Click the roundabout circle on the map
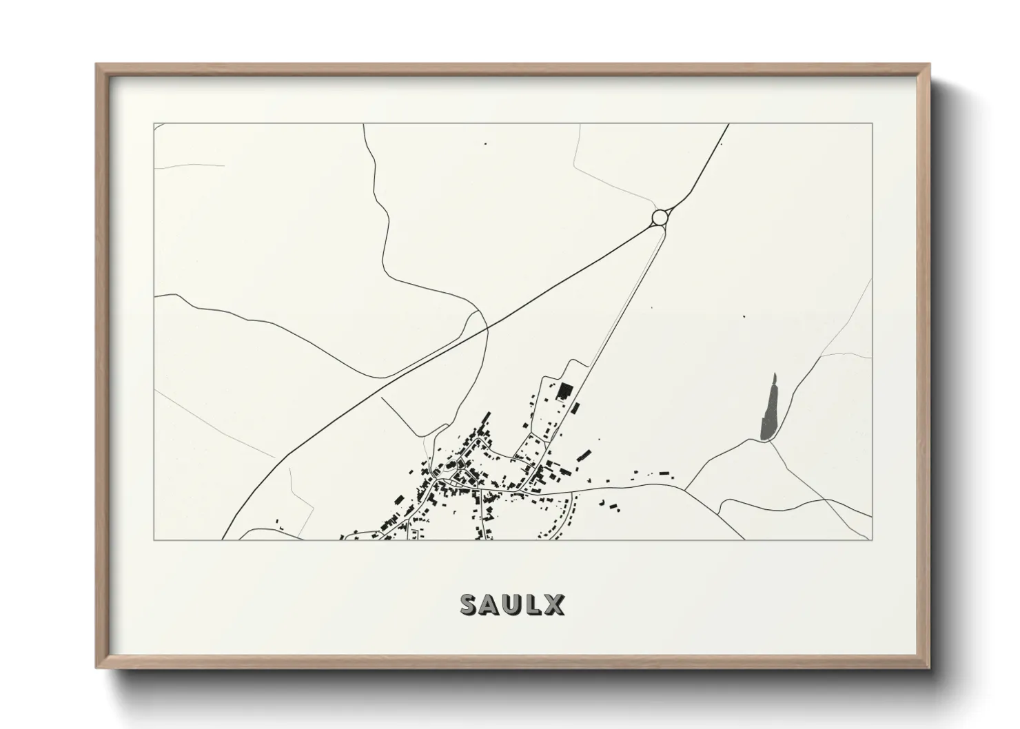coord(659,218)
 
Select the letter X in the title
coord(553,605)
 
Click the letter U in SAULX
coord(512,605)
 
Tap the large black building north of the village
coord(564,391)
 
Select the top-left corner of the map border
coord(154,124)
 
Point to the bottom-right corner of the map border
coord(872,540)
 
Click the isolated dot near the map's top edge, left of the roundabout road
coord(485,144)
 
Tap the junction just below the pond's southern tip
coord(768,442)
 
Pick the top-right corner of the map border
coord(872,124)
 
